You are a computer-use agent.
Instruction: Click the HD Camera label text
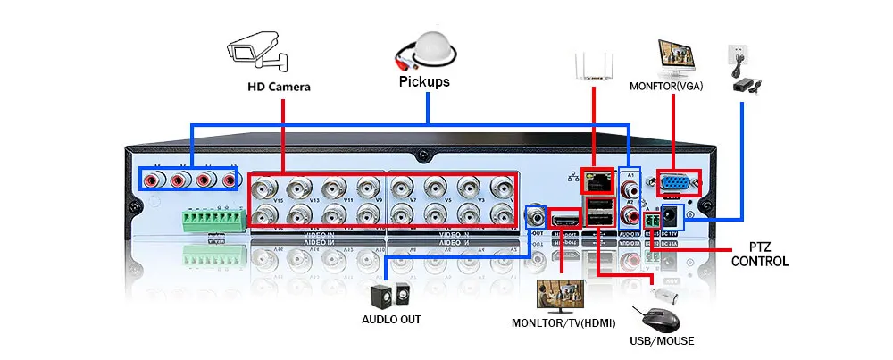pos(279,87)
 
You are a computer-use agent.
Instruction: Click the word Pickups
pos(423,81)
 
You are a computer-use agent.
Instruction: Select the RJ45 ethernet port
pos(596,181)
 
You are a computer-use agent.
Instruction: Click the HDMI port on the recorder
pos(563,219)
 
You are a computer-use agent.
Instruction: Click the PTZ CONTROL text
pos(759,254)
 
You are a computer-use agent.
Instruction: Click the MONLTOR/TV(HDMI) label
pos(563,322)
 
